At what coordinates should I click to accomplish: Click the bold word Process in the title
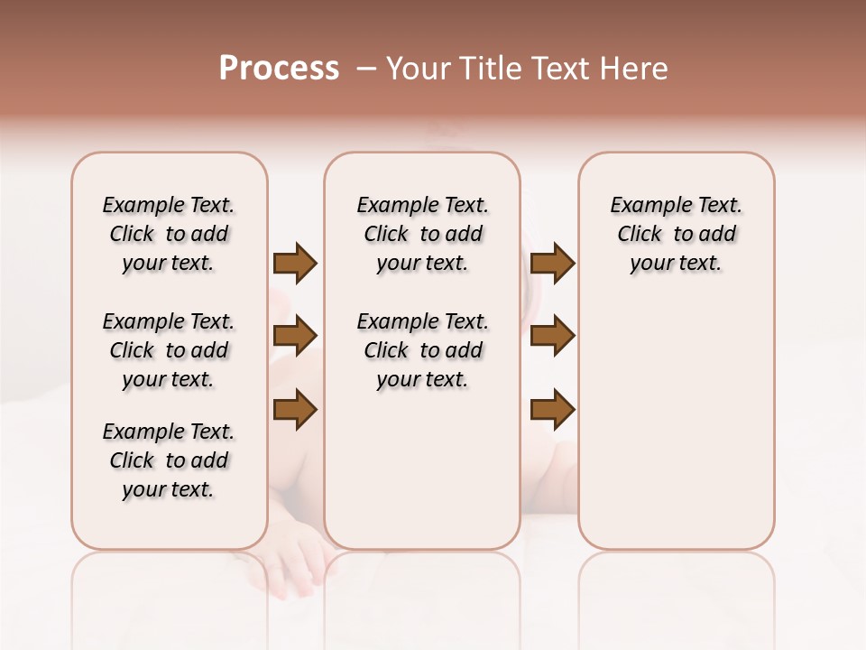pyautogui.click(x=279, y=69)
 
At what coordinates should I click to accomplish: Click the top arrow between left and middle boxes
pyautogui.click(x=295, y=263)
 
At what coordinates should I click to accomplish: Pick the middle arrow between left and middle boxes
pyautogui.click(x=295, y=336)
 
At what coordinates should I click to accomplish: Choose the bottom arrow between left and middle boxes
pyautogui.click(x=295, y=410)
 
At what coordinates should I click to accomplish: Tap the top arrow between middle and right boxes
pyautogui.click(x=552, y=263)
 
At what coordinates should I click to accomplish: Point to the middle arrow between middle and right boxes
pyautogui.click(x=552, y=336)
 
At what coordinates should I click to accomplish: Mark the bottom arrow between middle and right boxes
pyautogui.click(x=552, y=410)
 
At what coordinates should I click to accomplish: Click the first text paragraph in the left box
pyautogui.click(x=169, y=234)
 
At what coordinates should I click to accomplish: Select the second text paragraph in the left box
pyautogui.click(x=169, y=350)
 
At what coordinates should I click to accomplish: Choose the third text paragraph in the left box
pyautogui.click(x=169, y=460)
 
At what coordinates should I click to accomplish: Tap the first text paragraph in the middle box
pyautogui.click(x=422, y=234)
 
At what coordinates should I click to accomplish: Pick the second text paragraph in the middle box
pyautogui.click(x=422, y=350)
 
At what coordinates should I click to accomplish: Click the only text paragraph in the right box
pyautogui.click(x=676, y=234)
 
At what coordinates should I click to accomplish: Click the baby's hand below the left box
pyautogui.click(x=302, y=564)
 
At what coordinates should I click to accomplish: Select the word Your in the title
pyautogui.click(x=416, y=69)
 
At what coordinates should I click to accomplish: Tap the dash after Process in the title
pyautogui.click(x=365, y=69)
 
